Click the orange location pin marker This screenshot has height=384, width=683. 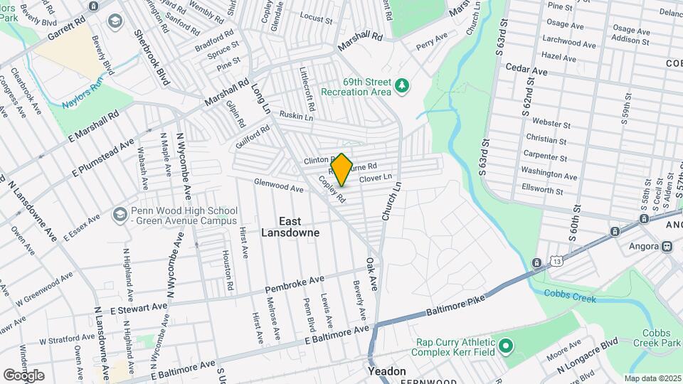click(x=342, y=169)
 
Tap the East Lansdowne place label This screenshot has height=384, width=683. click(x=290, y=227)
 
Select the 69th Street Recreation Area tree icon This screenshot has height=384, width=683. click(x=403, y=86)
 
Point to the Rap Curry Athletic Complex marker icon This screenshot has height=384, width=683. click(x=506, y=347)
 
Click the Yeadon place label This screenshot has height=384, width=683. click(x=387, y=371)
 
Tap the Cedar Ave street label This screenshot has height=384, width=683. click(x=526, y=71)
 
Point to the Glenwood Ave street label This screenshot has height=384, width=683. click(x=279, y=186)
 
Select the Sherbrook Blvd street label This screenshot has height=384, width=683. click(x=152, y=58)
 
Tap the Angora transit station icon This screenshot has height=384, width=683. click(x=667, y=247)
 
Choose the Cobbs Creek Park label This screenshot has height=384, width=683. click(x=662, y=338)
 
